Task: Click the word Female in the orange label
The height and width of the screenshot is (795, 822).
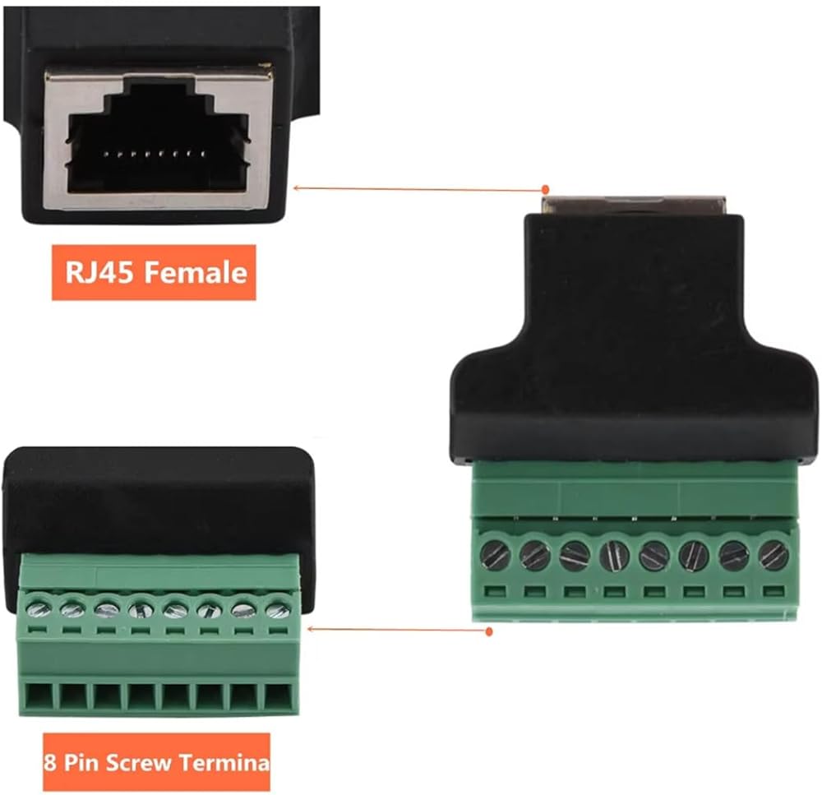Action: tap(196, 272)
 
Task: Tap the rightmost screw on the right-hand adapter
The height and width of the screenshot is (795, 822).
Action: tap(774, 557)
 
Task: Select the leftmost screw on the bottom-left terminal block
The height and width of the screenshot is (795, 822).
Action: tap(39, 609)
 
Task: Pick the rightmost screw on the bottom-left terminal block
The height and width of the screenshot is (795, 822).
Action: tap(278, 609)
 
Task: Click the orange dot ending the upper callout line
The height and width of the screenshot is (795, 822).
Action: tap(543, 190)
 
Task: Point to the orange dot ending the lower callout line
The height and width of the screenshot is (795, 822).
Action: tap(489, 632)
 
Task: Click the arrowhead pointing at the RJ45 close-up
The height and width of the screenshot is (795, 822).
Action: tap(296, 187)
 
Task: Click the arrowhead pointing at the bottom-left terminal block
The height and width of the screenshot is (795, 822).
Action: tap(310, 629)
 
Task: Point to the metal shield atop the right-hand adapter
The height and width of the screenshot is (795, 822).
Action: tap(633, 204)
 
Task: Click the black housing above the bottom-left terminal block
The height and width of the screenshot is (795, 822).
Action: tap(156, 501)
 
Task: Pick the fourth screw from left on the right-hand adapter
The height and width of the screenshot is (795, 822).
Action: tap(614, 557)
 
